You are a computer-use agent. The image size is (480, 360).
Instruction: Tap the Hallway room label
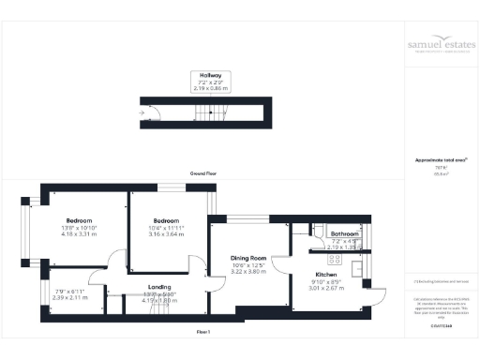(x=210, y=74)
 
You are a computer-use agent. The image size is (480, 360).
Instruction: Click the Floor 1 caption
(x=202, y=332)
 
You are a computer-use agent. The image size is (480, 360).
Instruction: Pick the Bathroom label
(x=335, y=234)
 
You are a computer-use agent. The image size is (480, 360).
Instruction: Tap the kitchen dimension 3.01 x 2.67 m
(x=327, y=288)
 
